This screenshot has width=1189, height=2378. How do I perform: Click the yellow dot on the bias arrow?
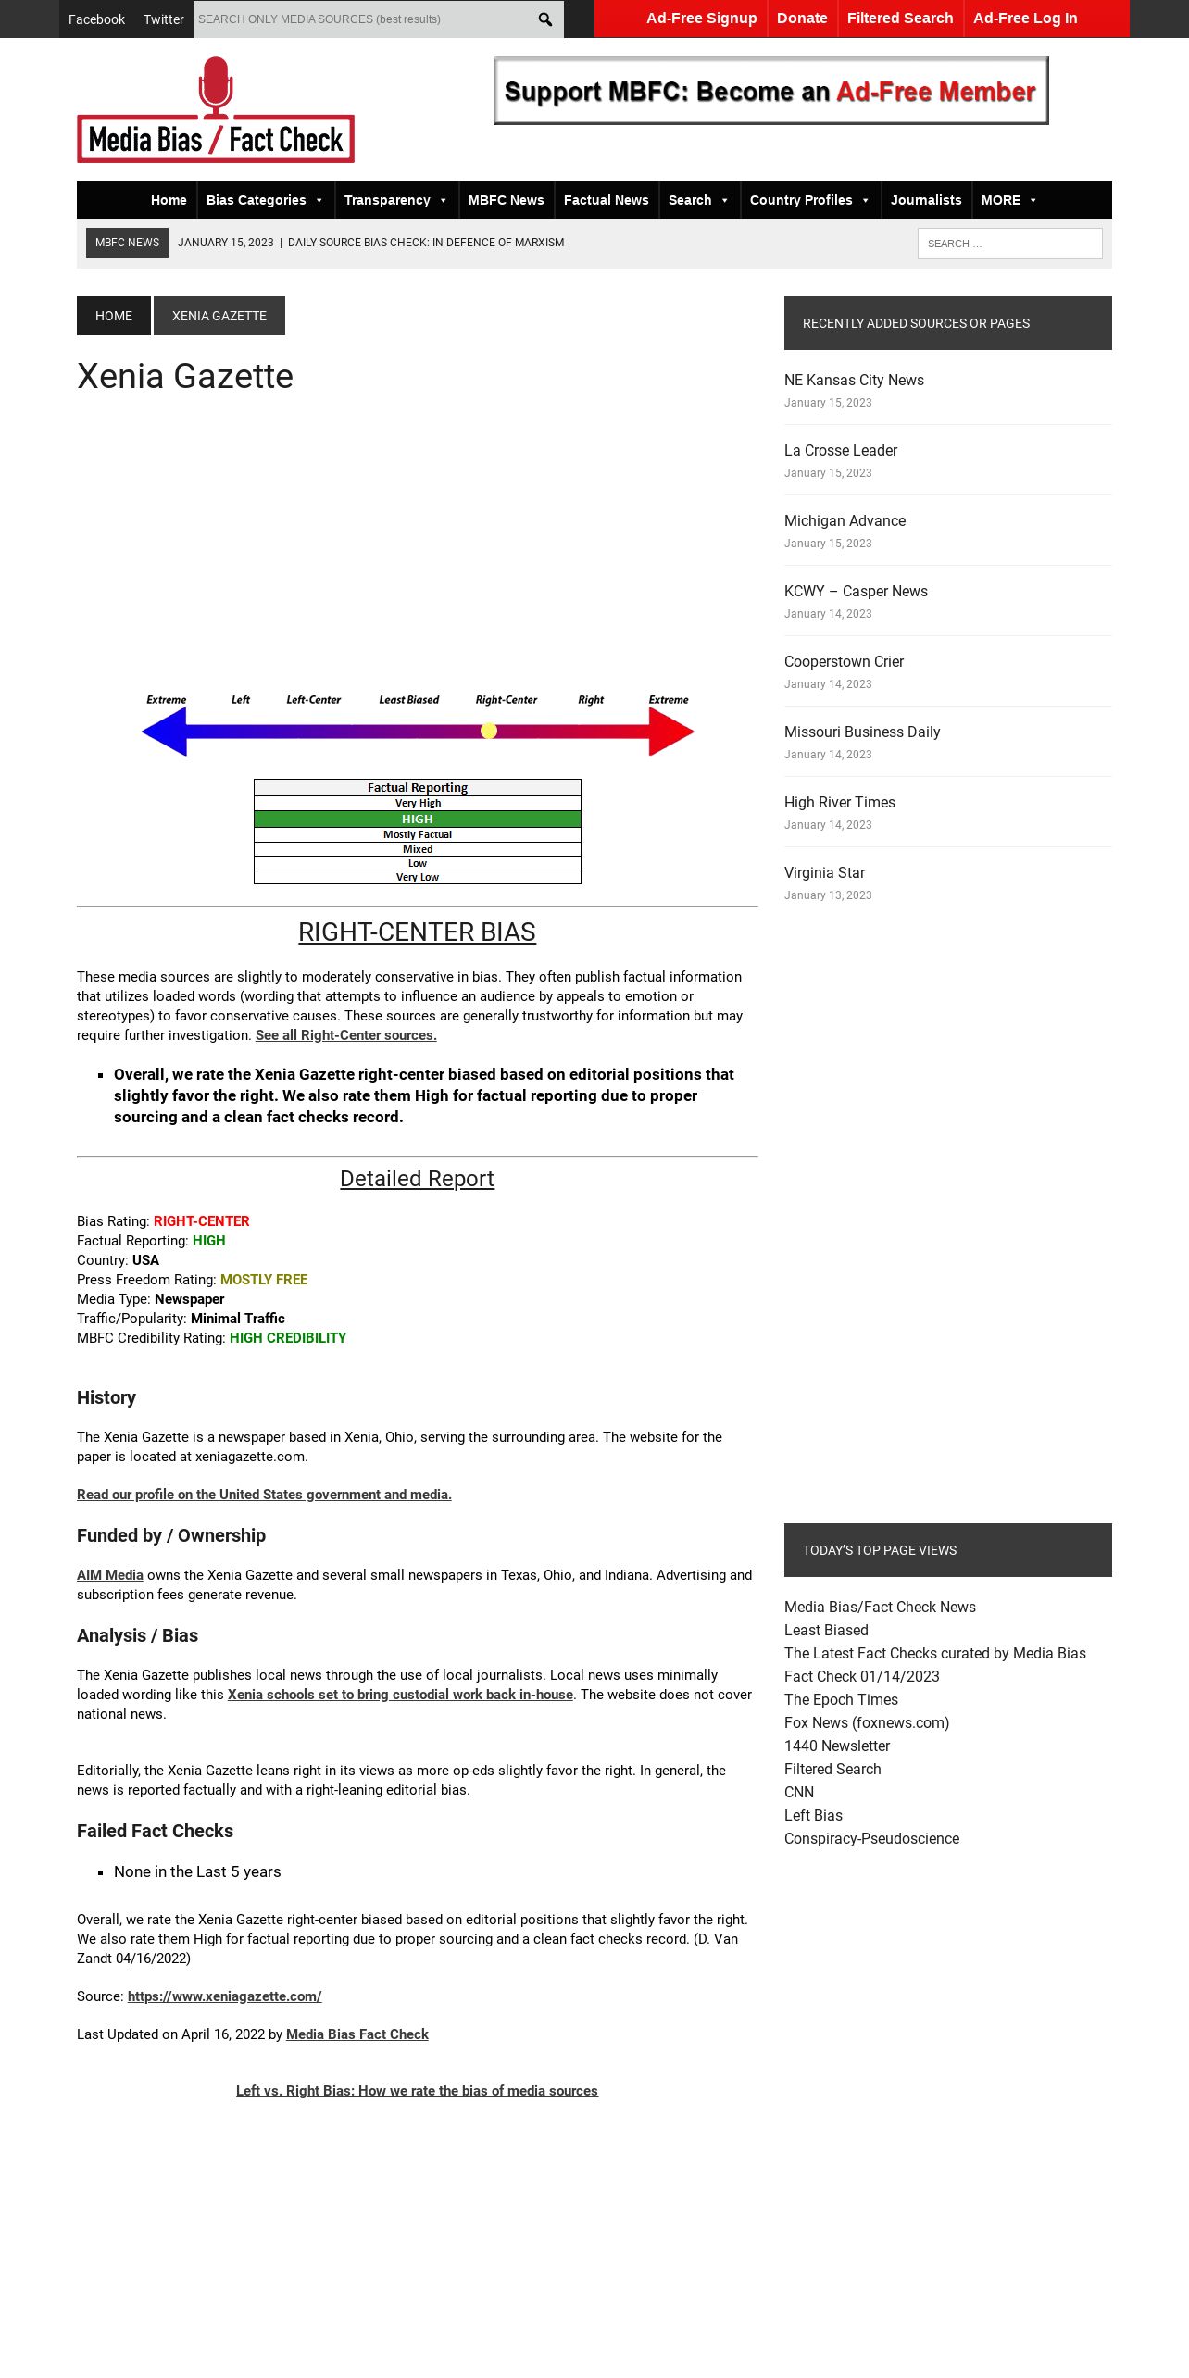489,731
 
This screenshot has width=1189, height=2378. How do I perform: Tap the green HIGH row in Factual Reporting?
417,819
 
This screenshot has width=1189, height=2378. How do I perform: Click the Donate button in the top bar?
802,19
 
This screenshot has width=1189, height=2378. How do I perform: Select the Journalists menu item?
926,200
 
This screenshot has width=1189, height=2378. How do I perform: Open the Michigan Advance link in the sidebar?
845,520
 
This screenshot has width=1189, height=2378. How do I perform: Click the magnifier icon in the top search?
545,19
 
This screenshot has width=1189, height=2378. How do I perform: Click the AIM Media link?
110,1575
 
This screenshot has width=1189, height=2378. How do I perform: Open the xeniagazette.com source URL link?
224,1996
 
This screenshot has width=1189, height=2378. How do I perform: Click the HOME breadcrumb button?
114,316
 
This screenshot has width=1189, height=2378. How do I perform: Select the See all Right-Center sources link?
345,1035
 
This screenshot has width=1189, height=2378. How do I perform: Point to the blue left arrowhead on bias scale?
165,732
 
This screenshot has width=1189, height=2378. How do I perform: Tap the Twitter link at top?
163,19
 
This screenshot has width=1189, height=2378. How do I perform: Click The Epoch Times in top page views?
841,1699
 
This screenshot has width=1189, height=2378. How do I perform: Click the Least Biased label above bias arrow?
408,700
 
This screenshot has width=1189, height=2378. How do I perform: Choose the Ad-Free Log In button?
1025,19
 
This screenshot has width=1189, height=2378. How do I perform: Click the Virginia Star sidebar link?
824,872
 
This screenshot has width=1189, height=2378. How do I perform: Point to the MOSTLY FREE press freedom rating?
264,1280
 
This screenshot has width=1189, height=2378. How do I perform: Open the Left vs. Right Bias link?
417,2091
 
